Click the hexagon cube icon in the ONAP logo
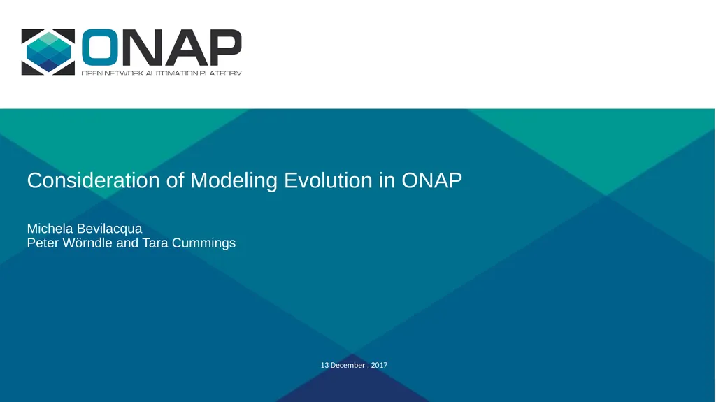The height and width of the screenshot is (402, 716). click(x=48, y=52)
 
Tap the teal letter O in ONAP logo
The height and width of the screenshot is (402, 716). click(x=100, y=48)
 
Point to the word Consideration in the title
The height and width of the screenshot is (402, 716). click(x=94, y=180)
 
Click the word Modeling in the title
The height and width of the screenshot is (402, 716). click(x=234, y=181)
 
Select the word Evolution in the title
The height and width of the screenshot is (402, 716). click(x=329, y=180)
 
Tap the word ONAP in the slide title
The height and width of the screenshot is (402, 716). click(x=431, y=180)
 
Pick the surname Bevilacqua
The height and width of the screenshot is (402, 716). click(x=108, y=229)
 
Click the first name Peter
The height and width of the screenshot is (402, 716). click(x=43, y=243)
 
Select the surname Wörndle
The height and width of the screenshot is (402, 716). click(x=87, y=243)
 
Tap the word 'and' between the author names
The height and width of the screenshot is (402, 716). click(x=127, y=243)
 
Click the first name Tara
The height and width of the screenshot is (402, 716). click(x=155, y=243)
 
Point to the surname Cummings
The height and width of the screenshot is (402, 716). click(x=203, y=243)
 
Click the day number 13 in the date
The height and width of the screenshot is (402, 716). click(x=324, y=365)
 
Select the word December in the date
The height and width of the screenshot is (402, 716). click(x=348, y=365)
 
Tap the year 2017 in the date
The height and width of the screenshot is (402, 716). click(x=379, y=365)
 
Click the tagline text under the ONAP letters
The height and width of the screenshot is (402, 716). click(x=162, y=72)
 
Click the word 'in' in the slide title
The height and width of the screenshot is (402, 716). click(x=387, y=180)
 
